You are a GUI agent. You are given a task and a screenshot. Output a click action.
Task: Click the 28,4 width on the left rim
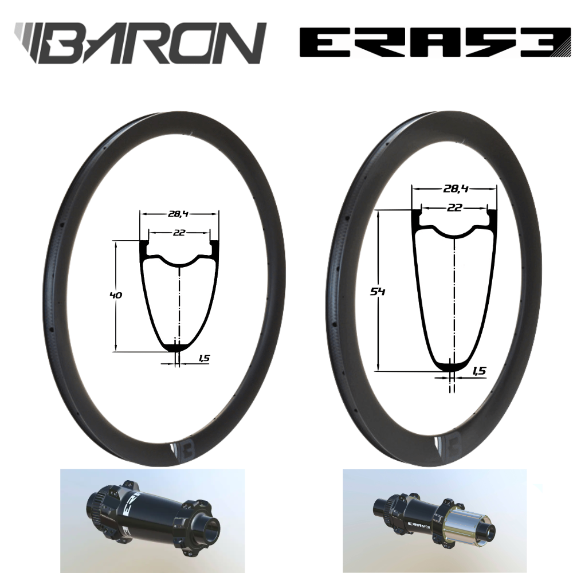[x=179, y=214]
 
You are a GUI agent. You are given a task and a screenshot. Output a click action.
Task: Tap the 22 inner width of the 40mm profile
[x=179, y=233]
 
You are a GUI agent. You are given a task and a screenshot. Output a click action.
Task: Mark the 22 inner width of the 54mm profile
[x=454, y=208]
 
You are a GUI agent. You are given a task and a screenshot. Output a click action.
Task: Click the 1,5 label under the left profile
[x=203, y=359]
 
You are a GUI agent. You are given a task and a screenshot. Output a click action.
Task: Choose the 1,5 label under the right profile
[x=479, y=371]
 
